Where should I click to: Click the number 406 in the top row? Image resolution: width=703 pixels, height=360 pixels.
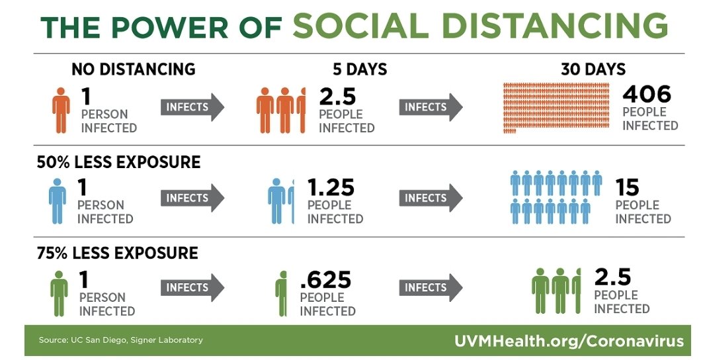(x=646, y=93)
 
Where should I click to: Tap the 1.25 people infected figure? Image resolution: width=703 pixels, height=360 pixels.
(x=331, y=188)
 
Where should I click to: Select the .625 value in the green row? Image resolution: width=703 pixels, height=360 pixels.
(x=325, y=280)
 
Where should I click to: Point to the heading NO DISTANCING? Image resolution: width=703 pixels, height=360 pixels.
(x=133, y=69)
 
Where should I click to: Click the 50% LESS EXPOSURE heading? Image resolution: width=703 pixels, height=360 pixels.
(x=119, y=162)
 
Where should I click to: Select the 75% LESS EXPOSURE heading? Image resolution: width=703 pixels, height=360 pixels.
(x=118, y=253)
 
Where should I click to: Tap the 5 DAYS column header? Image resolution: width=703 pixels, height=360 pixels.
(x=360, y=69)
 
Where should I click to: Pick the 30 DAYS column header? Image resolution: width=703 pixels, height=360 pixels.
(x=593, y=69)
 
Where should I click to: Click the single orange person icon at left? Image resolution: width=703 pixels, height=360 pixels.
(x=61, y=109)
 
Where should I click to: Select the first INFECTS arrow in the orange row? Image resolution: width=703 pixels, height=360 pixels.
(x=192, y=107)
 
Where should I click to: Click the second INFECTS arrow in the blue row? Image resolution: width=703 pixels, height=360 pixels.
(x=430, y=198)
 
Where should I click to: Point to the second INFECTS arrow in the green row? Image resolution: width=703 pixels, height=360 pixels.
(x=430, y=288)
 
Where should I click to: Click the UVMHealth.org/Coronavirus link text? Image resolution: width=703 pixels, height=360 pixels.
(x=568, y=341)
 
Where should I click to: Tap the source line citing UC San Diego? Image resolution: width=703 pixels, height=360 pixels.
(x=120, y=340)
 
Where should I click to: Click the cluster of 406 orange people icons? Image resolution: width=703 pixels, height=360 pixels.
(x=556, y=106)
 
